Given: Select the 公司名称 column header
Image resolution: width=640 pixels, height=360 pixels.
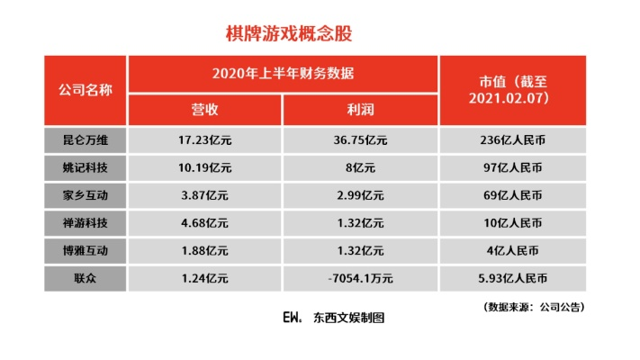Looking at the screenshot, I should click(86, 90).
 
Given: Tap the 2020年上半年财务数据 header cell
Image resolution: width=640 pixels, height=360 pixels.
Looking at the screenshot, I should click(283, 73).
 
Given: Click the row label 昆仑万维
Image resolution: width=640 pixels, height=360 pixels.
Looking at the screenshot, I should click(86, 140).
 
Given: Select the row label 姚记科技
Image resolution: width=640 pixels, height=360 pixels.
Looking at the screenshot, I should click(86, 167).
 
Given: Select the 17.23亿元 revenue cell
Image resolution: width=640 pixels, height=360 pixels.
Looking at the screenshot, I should click(204, 140).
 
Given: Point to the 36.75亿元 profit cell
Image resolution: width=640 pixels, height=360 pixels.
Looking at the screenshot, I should click(360, 140).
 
